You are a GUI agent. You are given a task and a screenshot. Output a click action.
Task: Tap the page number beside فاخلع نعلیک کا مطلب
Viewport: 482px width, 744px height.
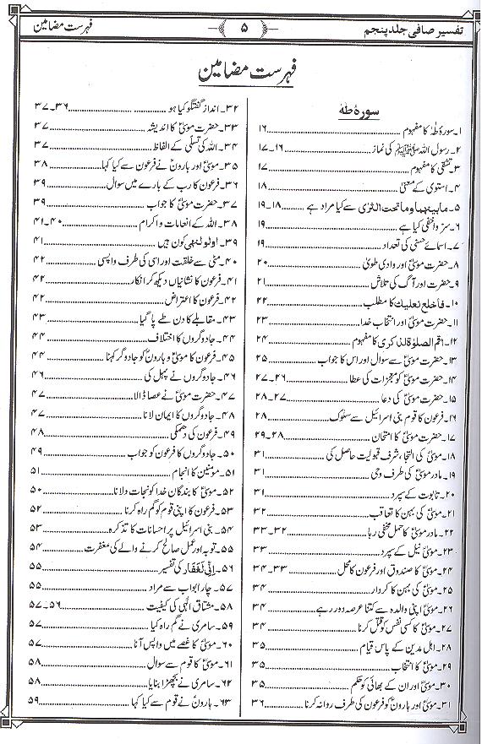[262, 301]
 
